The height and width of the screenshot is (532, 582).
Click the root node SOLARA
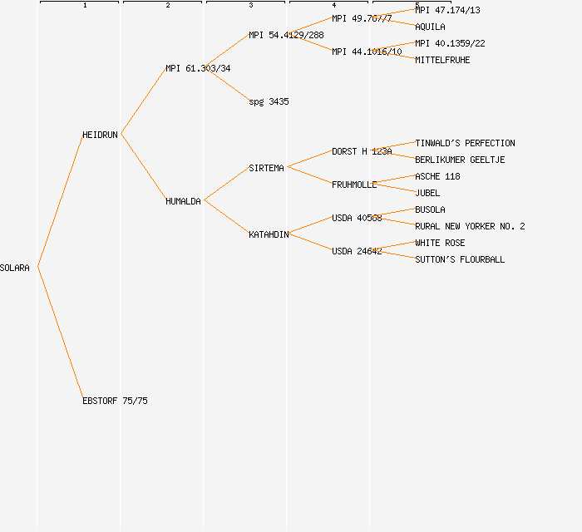(x=15, y=268)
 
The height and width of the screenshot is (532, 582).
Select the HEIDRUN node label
(x=100, y=135)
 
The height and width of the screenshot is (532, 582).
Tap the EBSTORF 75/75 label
(x=115, y=401)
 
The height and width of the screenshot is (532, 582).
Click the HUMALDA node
(x=183, y=201)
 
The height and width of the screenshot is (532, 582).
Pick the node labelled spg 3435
(x=269, y=101)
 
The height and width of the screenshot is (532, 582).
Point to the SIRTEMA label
(x=266, y=168)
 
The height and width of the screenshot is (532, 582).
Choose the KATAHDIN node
(x=269, y=234)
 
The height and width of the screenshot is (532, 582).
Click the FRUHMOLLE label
(x=354, y=185)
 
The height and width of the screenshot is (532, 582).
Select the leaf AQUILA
(x=430, y=27)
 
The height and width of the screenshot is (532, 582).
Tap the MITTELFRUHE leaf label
(x=442, y=60)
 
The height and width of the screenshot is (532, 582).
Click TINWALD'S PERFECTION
(x=465, y=143)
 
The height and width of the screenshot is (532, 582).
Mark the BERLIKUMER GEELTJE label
(x=460, y=160)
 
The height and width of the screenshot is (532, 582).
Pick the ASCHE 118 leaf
(x=437, y=176)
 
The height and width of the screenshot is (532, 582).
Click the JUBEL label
(x=427, y=193)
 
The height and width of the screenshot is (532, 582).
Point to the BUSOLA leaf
(x=430, y=209)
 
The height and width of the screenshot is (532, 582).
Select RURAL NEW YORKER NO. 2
(x=470, y=226)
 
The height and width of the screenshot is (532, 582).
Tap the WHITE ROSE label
(x=440, y=243)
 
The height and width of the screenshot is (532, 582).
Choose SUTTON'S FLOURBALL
(x=460, y=259)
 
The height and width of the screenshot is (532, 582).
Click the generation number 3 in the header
(x=251, y=6)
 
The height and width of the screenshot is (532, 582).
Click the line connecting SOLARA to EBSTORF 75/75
(x=60, y=332)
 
